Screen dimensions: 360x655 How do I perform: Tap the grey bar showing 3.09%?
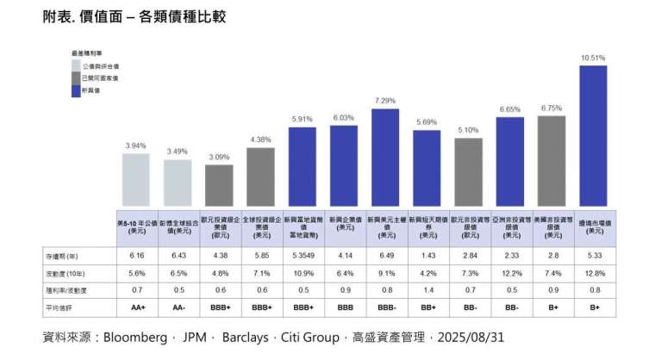[x=219, y=184]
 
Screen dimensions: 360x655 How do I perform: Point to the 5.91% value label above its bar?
[x=302, y=119]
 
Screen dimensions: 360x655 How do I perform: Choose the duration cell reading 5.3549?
[x=302, y=256]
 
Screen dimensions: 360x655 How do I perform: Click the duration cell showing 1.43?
[x=427, y=256]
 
